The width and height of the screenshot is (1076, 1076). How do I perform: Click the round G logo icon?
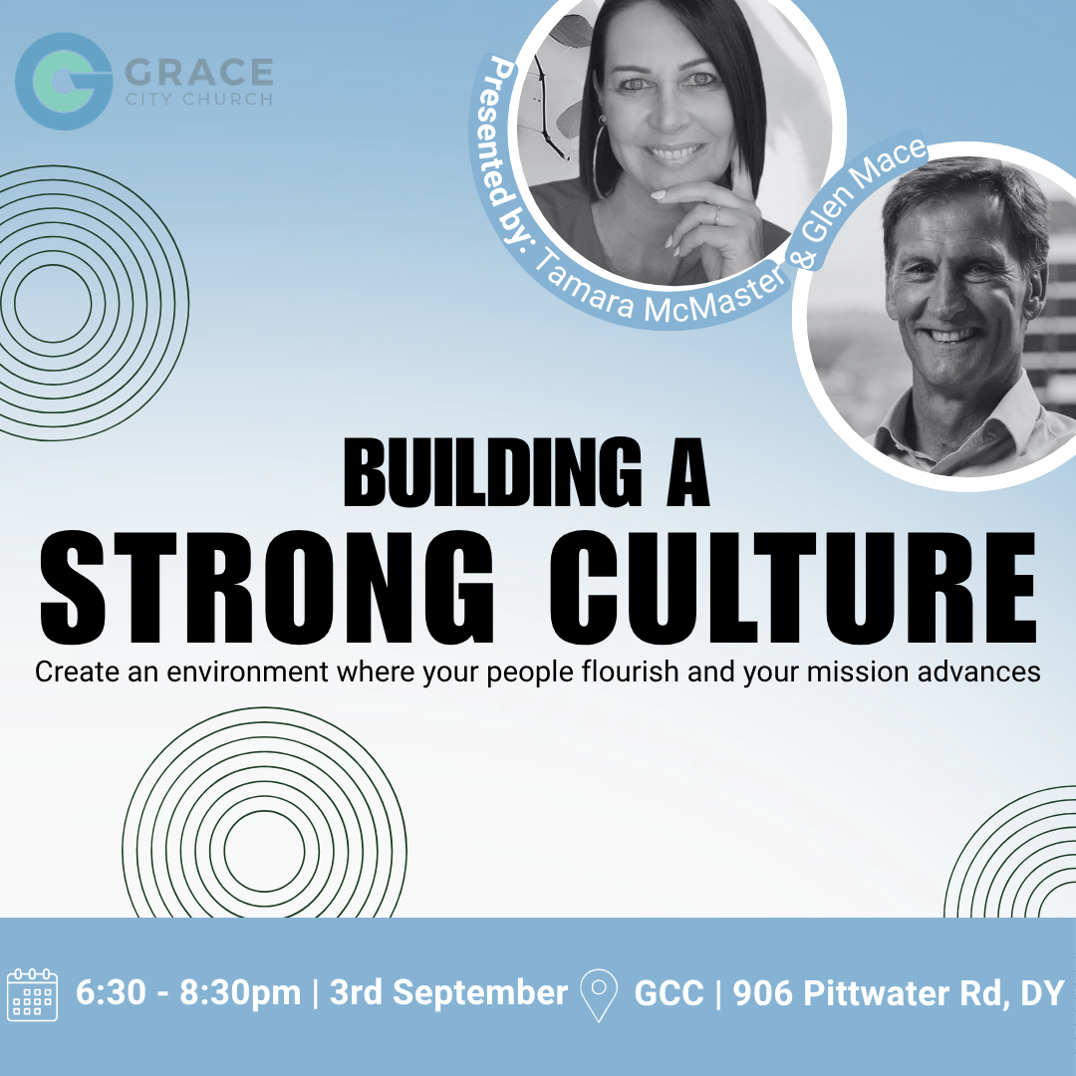[x=64, y=81]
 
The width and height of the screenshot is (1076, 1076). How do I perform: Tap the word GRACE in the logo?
[x=199, y=73]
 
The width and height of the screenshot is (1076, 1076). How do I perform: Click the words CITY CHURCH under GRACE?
[x=199, y=99]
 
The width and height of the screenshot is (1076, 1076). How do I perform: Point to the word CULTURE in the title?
[x=793, y=588]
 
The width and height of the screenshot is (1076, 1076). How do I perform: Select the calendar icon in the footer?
[x=32, y=994]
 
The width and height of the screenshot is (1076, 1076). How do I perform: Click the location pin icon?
[x=599, y=995]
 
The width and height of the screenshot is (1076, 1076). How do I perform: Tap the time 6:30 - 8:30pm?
[x=188, y=993]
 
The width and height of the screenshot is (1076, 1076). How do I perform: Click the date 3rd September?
[x=448, y=993]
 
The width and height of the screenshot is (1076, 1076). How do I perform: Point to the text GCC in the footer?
[x=670, y=993]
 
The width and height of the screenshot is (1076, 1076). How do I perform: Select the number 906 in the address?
[x=763, y=993]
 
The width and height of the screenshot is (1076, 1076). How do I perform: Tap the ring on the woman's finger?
[x=717, y=215]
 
